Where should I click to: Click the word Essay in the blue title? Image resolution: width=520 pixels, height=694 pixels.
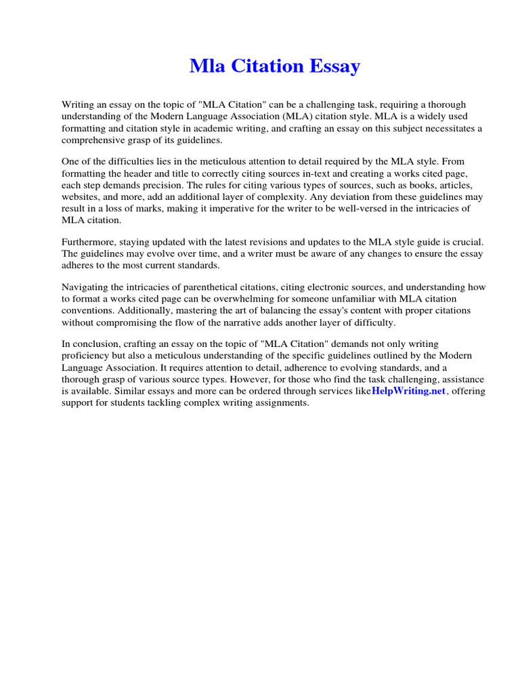(x=335, y=67)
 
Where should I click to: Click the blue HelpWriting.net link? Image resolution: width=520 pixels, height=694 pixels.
(x=408, y=392)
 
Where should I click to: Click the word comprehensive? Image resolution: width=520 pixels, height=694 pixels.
(x=95, y=140)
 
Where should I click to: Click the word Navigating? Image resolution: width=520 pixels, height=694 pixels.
(x=87, y=287)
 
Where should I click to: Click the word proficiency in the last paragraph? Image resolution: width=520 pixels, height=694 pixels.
(x=88, y=356)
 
